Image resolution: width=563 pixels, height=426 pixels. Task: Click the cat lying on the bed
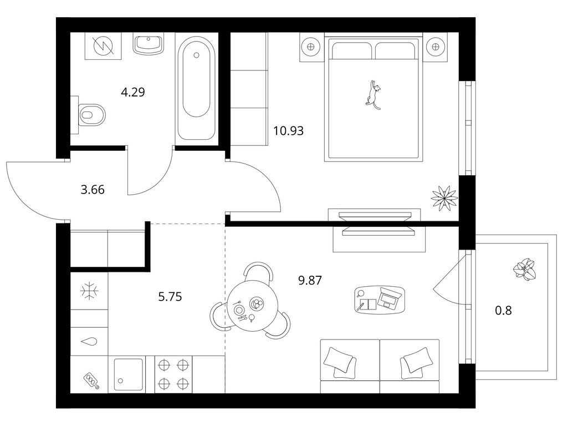tap(373, 94)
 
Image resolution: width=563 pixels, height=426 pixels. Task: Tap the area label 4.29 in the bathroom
tap(133, 93)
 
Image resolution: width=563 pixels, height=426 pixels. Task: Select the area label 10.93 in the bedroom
tap(288, 131)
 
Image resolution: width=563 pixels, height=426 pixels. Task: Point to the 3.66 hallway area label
tap(93, 190)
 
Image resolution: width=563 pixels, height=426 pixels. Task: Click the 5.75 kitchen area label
tap(170, 297)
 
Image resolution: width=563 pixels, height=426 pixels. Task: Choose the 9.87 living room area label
tap(310, 280)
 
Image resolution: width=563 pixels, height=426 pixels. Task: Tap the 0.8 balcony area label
tap(503, 310)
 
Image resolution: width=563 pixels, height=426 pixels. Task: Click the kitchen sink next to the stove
tap(130, 374)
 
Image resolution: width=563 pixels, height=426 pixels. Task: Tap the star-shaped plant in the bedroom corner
tap(444, 197)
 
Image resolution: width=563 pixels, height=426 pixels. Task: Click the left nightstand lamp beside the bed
tap(311, 47)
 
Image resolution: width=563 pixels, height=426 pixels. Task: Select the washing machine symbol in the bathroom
tap(103, 45)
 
